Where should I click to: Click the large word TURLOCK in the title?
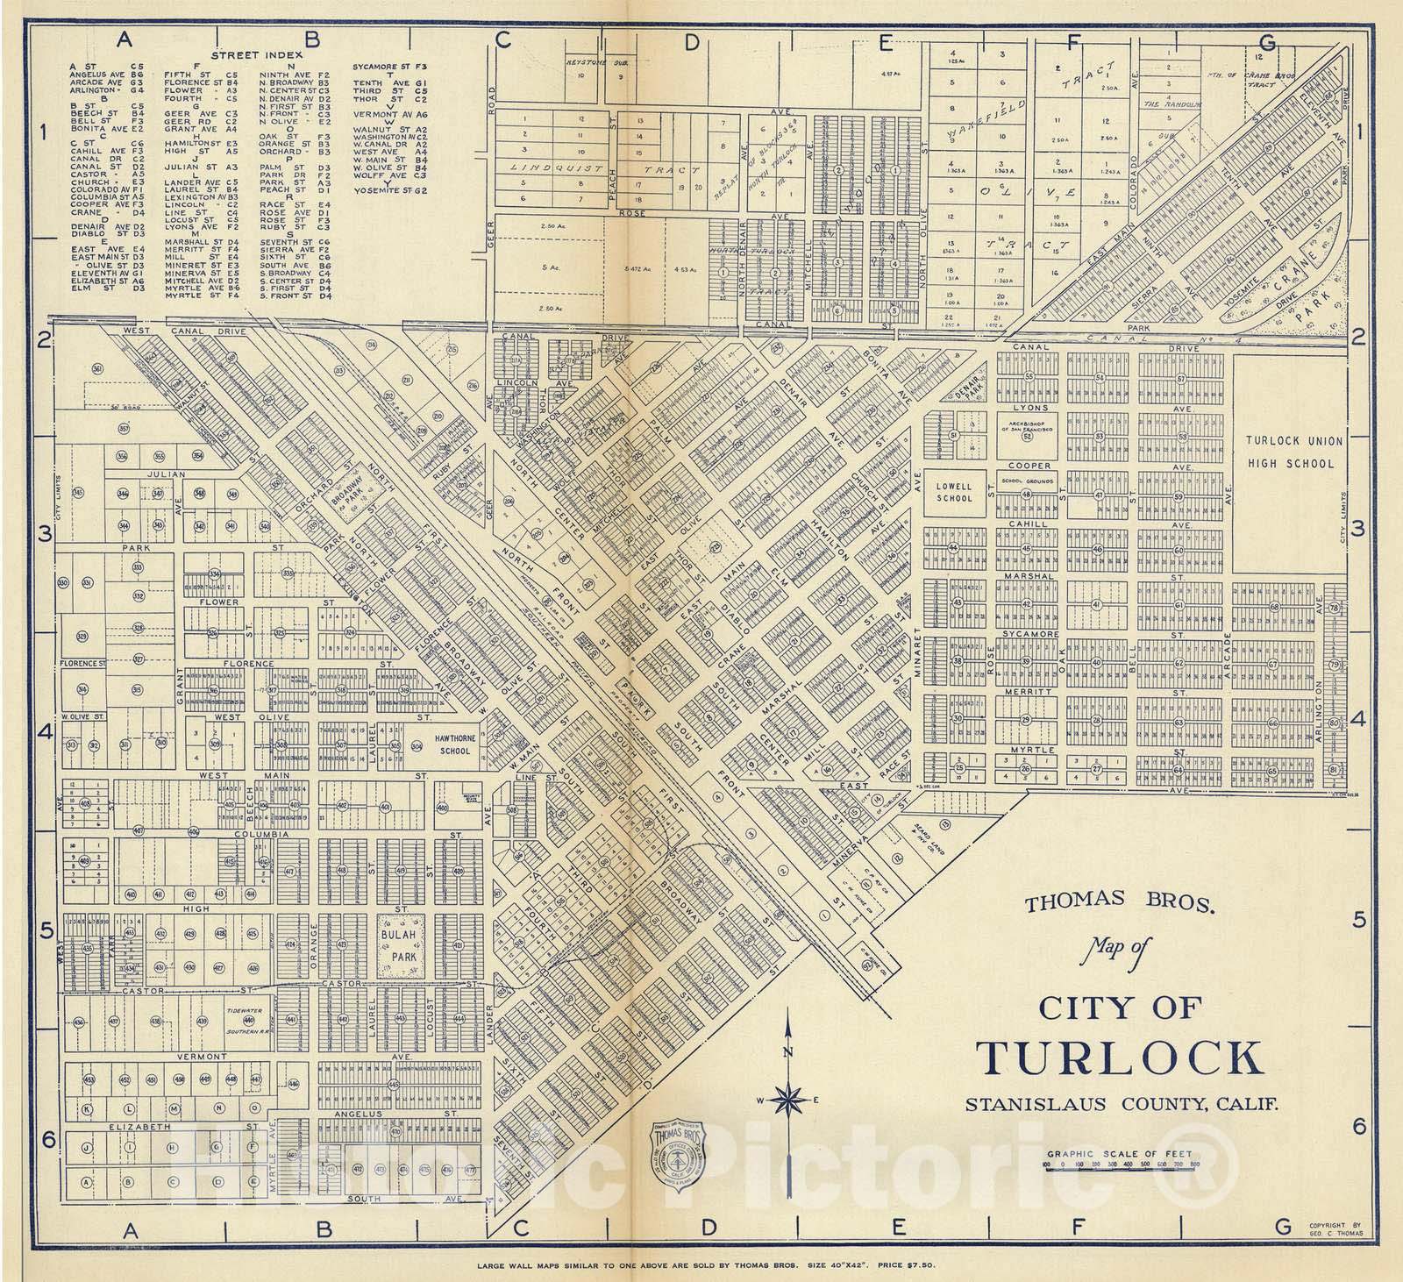click(x=1122, y=1058)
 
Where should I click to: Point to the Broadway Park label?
click(x=349, y=499)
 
